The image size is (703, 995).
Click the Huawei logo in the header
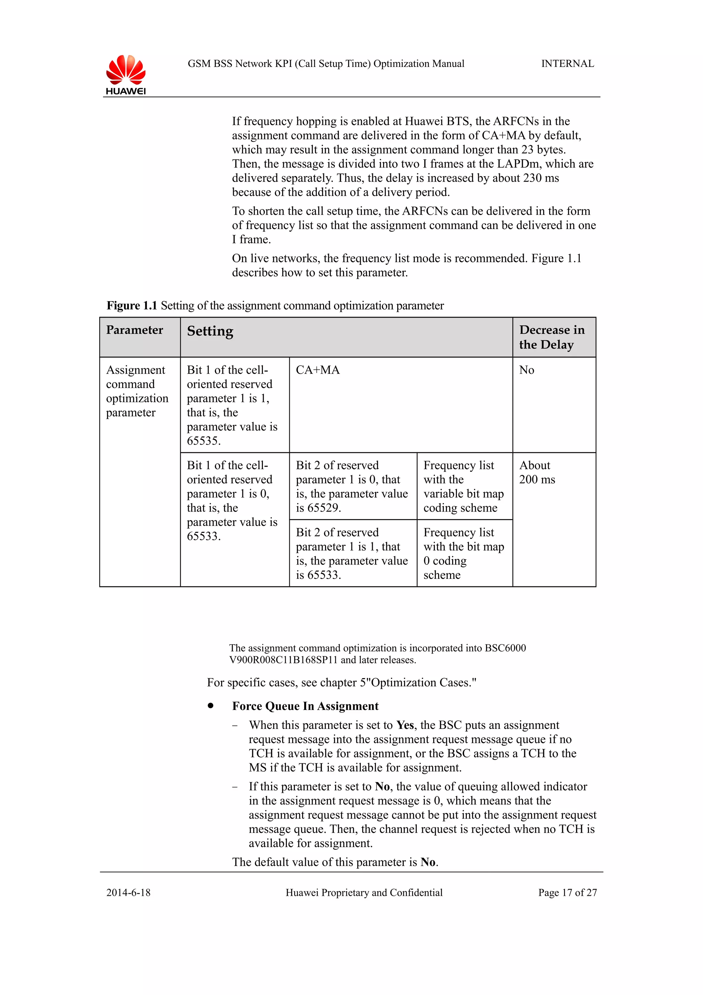click(126, 75)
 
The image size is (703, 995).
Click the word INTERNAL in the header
click(567, 64)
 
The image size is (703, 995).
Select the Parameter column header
click(135, 330)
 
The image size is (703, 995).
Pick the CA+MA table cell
click(318, 370)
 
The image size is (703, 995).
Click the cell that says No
click(526, 370)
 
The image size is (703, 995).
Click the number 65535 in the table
click(203, 441)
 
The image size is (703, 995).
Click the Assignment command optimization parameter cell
click(137, 391)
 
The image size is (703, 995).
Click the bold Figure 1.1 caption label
click(132, 306)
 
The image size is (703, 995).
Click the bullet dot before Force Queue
click(210, 706)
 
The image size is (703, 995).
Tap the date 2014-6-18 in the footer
click(128, 892)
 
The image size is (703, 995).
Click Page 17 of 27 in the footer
click(567, 892)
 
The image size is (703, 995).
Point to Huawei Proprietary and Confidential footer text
click(364, 892)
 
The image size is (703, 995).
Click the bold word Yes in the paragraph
click(405, 725)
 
